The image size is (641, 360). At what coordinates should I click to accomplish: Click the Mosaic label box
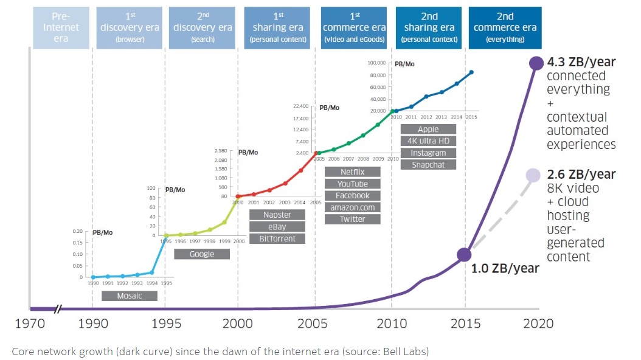129,296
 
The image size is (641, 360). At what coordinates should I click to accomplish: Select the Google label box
202,254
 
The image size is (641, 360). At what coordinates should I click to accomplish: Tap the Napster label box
277,215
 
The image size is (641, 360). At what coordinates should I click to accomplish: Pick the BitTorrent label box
277,238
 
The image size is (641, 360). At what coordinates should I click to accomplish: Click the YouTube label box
353,184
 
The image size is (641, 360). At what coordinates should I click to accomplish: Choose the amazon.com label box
353,207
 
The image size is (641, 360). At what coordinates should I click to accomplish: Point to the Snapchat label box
428,165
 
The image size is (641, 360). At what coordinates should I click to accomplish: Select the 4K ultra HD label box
428,141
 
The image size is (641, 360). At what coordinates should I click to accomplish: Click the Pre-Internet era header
60,28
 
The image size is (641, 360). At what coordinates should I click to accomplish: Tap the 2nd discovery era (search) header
202,28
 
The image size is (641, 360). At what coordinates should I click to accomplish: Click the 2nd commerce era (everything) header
505,28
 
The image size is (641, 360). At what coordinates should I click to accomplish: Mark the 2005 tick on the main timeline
316,323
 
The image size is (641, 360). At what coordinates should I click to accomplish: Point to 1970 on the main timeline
29,323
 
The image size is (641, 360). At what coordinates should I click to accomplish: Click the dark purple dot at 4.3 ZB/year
536,63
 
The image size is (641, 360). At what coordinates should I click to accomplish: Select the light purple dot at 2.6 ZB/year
533,175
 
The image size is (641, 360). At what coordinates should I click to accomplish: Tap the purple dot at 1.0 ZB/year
465,255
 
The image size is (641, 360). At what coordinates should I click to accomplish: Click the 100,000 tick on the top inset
377,63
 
